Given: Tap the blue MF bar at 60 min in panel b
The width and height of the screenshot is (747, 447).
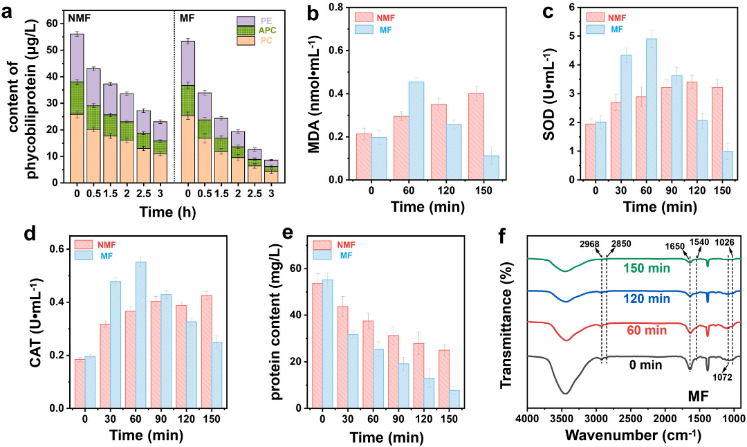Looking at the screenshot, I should coord(397,131).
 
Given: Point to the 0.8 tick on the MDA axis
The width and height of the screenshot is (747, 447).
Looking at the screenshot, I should coord(334,8).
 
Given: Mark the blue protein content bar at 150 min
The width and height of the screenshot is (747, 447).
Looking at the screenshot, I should coord(454,399).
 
